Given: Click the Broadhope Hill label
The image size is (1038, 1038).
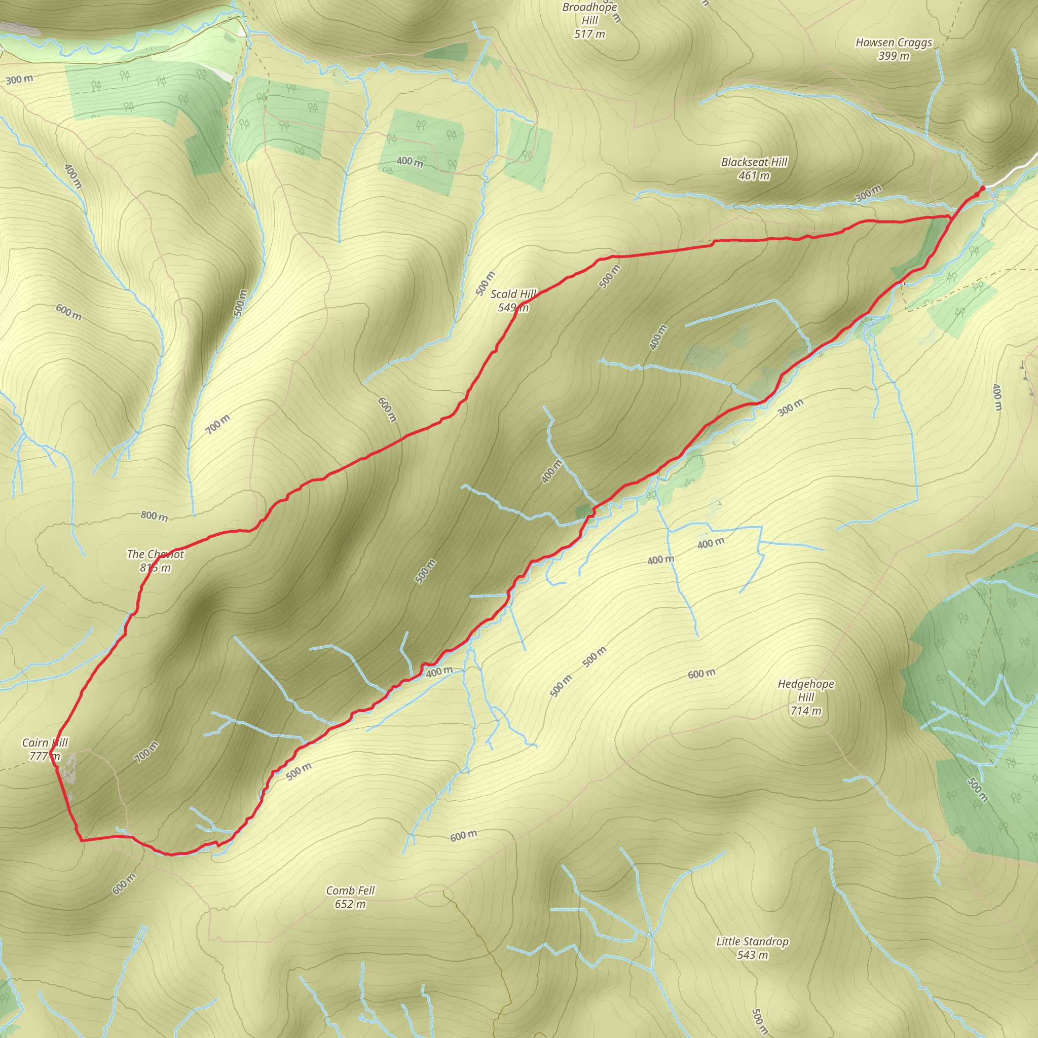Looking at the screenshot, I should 589,14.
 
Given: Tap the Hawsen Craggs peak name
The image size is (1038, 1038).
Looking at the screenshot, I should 894,43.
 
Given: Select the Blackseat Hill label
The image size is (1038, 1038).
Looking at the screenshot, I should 754,162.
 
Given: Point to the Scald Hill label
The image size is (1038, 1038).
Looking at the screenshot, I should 513,294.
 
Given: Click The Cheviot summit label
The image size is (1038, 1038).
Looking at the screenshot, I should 155,554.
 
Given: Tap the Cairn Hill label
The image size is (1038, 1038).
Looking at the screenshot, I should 45,743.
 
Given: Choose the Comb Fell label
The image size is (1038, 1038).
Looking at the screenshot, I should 350,890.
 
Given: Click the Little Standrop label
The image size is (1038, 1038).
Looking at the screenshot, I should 752,941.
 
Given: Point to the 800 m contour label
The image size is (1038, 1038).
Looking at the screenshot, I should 154,516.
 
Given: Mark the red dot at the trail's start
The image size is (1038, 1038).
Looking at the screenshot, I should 983,188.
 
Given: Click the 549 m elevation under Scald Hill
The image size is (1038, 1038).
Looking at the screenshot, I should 513,308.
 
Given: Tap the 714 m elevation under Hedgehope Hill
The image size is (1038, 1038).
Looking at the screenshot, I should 805,711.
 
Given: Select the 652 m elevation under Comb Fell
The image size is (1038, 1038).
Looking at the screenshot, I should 350,904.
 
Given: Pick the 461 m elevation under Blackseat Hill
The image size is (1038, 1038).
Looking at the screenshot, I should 754,176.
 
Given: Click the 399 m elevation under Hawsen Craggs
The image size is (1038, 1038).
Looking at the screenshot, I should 894,56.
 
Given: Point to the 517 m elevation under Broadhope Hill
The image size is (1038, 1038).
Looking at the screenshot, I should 589,34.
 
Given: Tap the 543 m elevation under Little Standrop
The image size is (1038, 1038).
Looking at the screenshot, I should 752,955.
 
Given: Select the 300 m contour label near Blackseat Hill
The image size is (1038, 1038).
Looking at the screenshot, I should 868,194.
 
